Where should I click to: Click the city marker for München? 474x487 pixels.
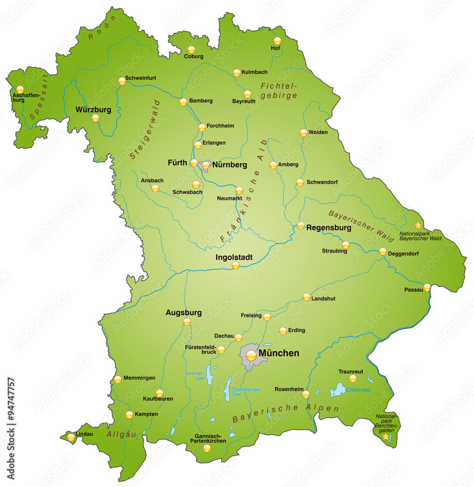[251, 356]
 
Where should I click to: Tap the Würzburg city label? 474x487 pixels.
[93, 110]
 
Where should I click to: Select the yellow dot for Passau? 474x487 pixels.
[427, 287]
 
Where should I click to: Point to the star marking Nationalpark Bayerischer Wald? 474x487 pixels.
[418, 225]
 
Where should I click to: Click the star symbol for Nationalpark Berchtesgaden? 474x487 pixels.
[386, 437]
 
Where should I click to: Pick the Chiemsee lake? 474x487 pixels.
[337, 390]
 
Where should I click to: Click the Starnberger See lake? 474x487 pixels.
[227, 388]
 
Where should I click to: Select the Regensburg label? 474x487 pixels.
[329, 227]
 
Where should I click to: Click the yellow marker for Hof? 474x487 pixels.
[277, 41]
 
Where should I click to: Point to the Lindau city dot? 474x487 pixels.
[71, 437]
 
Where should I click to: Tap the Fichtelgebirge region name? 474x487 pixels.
[278, 91]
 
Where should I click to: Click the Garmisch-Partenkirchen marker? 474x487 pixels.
[207, 448]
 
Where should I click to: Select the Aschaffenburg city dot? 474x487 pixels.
[20, 90]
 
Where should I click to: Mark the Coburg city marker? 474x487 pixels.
[191, 49]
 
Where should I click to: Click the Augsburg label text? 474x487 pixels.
[183, 312]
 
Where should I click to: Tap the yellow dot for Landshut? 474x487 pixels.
[306, 297]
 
